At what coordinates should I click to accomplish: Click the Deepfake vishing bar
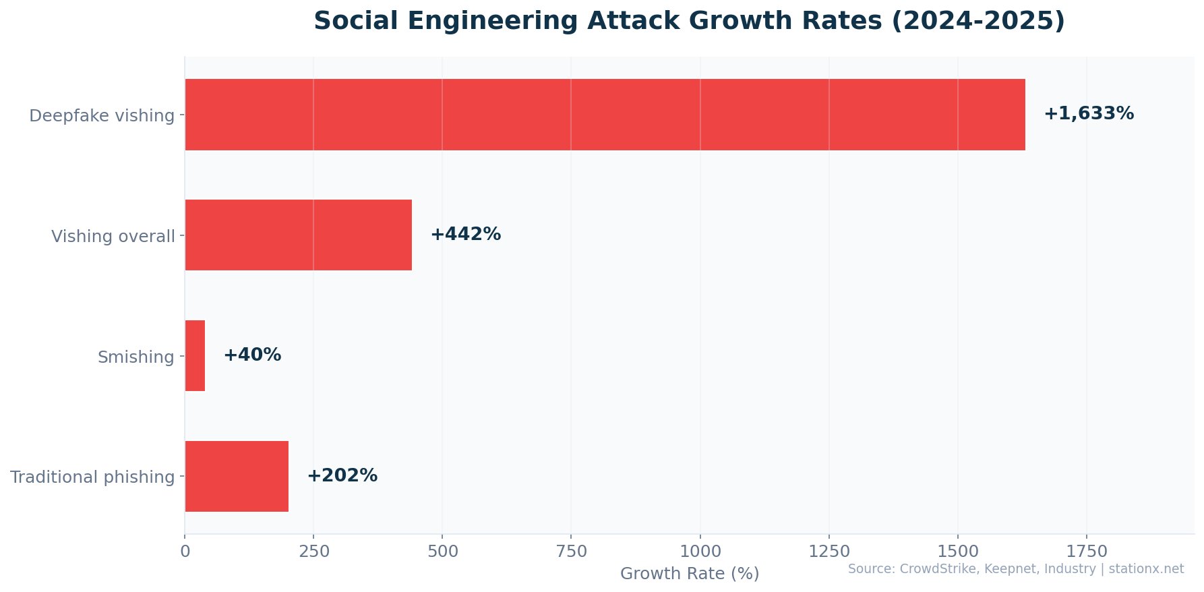click(x=605, y=115)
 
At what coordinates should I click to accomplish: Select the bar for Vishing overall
click(x=298, y=235)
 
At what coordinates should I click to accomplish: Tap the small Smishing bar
click(x=195, y=356)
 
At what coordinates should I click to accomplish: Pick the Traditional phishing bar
click(x=237, y=477)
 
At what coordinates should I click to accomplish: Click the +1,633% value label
click(x=1089, y=114)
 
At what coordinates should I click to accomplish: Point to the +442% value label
click(x=465, y=235)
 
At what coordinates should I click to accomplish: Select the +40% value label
click(x=252, y=355)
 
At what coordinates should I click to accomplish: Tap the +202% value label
click(x=342, y=476)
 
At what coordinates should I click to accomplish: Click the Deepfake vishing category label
click(x=102, y=116)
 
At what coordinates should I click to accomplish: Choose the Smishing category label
click(x=136, y=357)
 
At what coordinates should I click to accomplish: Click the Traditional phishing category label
click(x=92, y=477)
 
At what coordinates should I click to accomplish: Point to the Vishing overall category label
click(x=113, y=237)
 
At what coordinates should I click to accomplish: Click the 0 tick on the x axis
click(x=185, y=552)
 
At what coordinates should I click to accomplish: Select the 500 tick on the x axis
click(x=442, y=552)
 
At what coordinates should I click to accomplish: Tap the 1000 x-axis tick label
click(x=700, y=552)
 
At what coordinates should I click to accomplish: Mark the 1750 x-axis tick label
click(x=1086, y=552)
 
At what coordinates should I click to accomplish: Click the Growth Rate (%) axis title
click(x=689, y=574)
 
